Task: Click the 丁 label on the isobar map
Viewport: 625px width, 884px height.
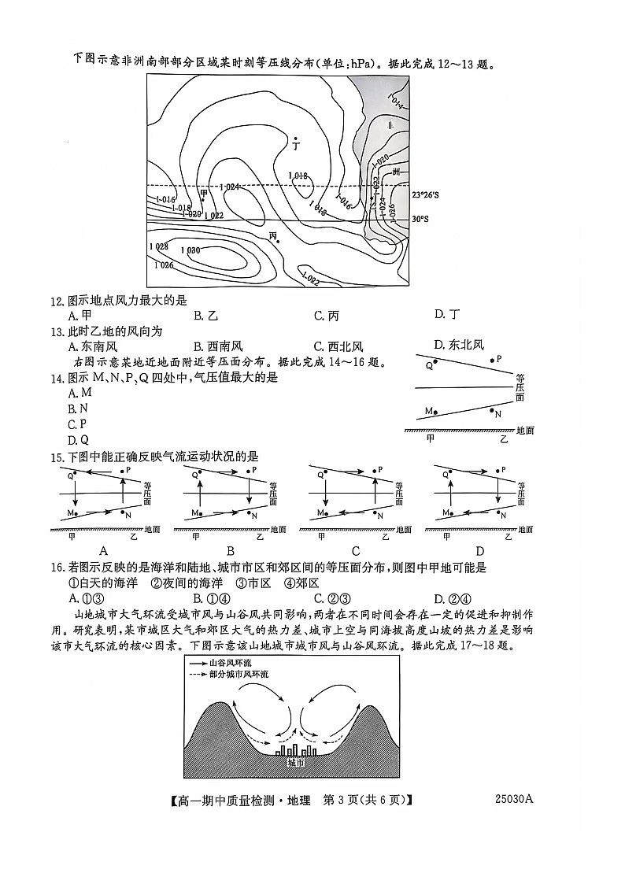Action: (296, 146)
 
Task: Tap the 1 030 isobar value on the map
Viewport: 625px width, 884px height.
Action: (190, 250)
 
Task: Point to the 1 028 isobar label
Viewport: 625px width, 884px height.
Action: (158, 246)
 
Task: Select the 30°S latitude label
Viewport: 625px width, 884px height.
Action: (421, 220)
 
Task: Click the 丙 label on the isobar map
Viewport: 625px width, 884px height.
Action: (273, 235)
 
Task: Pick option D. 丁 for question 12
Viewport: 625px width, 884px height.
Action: (447, 315)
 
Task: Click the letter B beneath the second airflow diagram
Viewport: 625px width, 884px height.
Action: (230, 550)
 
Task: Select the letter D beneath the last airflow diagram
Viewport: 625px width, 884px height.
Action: (479, 550)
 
